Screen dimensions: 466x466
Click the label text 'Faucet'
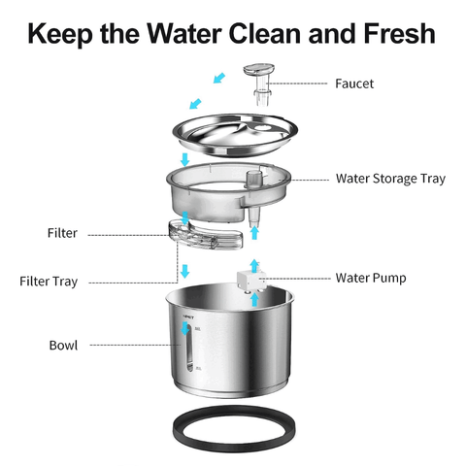click(x=354, y=83)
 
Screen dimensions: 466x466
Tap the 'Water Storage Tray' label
click(x=390, y=179)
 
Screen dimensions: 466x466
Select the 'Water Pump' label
click(x=371, y=278)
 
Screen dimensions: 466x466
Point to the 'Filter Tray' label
click(x=49, y=282)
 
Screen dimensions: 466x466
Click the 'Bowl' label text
click(x=63, y=346)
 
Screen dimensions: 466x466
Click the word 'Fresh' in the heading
click(x=399, y=33)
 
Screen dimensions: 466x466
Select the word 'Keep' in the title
click(x=61, y=34)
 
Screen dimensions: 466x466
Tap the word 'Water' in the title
click(x=184, y=33)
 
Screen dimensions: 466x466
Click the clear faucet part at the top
click(x=260, y=83)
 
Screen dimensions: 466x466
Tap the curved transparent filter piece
click(x=206, y=235)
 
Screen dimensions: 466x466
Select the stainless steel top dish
click(x=235, y=134)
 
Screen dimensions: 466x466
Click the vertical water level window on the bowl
click(x=188, y=350)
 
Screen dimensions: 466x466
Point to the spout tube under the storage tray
click(x=253, y=216)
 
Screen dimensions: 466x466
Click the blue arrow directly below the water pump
click(x=254, y=300)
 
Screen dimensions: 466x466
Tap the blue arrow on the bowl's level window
click(x=185, y=328)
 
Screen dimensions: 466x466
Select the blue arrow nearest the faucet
click(x=219, y=78)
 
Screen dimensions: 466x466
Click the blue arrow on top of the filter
click(x=184, y=218)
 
